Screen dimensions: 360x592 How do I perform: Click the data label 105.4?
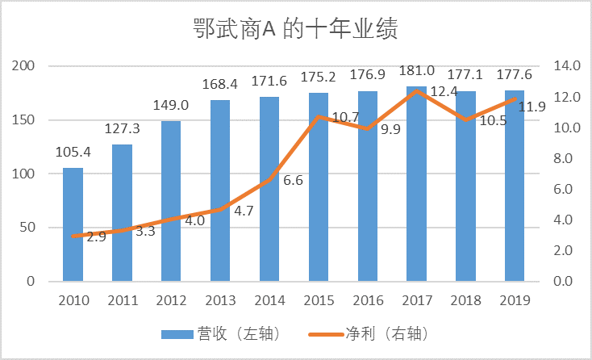(x=73, y=153)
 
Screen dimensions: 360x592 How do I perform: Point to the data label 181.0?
(x=416, y=71)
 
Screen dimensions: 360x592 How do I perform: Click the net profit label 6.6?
(x=293, y=180)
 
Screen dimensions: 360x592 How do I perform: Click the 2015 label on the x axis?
(x=319, y=300)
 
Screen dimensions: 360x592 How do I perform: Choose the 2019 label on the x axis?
(x=514, y=300)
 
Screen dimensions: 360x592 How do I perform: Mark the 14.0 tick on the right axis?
(x=561, y=66)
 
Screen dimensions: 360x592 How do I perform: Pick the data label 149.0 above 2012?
(x=171, y=106)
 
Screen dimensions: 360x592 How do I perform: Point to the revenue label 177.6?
(x=514, y=75)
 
